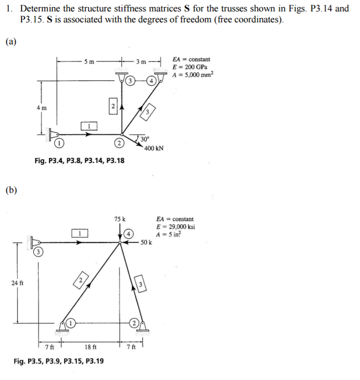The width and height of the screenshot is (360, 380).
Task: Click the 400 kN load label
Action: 154,148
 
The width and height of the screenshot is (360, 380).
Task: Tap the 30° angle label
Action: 145,139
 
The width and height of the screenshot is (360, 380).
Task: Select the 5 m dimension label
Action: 89,61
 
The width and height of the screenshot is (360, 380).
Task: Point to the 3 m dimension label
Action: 141,61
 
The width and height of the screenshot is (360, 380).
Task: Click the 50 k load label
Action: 146,243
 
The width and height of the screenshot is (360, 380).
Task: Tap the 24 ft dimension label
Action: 17,283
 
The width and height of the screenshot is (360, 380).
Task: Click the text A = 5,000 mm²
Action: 193,73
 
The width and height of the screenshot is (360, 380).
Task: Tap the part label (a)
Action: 11,41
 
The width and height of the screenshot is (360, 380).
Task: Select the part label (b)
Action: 11,190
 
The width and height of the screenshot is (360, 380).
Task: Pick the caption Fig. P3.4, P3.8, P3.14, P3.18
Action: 80,161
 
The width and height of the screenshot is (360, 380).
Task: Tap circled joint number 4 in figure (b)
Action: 128,233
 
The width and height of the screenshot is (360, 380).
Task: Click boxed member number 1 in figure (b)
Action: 80,233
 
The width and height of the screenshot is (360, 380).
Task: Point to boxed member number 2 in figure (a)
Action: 112,106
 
